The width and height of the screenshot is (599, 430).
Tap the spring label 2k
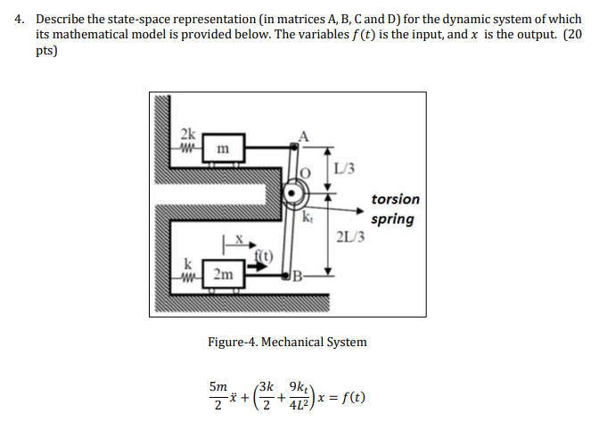[188, 132]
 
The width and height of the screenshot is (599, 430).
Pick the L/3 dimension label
[349, 168]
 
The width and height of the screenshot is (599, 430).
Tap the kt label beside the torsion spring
[308, 215]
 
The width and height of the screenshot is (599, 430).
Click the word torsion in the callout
[395, 199]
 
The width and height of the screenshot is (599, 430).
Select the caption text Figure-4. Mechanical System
[287, 342]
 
